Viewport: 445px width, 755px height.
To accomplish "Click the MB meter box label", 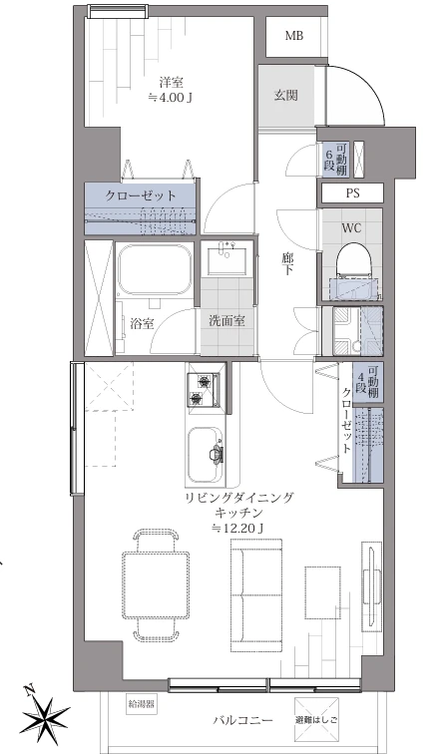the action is tap(293, 36).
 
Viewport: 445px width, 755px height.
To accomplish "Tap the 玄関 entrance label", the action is tap(285, 95).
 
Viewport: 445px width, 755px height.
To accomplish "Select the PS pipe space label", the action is tap(352, 193).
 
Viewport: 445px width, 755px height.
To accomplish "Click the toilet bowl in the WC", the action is tap(350, 259).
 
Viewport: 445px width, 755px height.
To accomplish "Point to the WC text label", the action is tap(351, 228).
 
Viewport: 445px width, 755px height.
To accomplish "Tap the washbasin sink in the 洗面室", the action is tap(226, 260).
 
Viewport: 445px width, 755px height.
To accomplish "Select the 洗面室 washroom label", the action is tap(226, 321).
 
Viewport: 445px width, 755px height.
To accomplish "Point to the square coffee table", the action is tap(323, 592).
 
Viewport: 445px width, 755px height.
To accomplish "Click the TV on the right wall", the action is tap(372, 584).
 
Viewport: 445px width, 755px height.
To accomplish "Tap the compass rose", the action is tap(46, 711).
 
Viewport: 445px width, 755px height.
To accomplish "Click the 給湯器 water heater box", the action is tap(142, 704).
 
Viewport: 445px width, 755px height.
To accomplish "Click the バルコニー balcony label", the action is tap(242, 720).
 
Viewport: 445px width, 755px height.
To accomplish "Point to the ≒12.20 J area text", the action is tap(238, 529).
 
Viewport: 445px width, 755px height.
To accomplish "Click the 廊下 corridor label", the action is tap(286, 264).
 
